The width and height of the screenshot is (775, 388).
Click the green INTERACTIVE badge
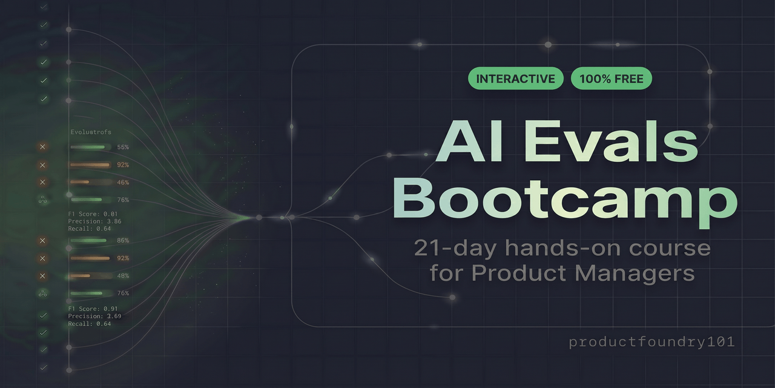point(515,79)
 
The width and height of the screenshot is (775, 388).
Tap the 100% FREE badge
point(611,79)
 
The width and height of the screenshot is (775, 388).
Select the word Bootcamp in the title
point(565,201)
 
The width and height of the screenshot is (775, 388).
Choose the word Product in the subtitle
point(519,273)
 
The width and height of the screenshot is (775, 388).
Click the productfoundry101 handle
point(651,342)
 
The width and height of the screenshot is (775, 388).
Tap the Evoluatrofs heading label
point(91,132)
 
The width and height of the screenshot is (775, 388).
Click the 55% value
point(123,147)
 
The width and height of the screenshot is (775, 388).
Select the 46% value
point(123,182)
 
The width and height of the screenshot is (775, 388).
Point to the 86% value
point(123,241)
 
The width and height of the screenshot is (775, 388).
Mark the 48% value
point(123,276)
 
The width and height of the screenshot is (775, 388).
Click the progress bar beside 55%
point(90,147)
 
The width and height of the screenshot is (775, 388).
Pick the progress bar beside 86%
point(90,241)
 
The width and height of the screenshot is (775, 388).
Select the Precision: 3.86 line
point(94,221)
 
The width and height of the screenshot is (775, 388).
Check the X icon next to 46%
point(42,182)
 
